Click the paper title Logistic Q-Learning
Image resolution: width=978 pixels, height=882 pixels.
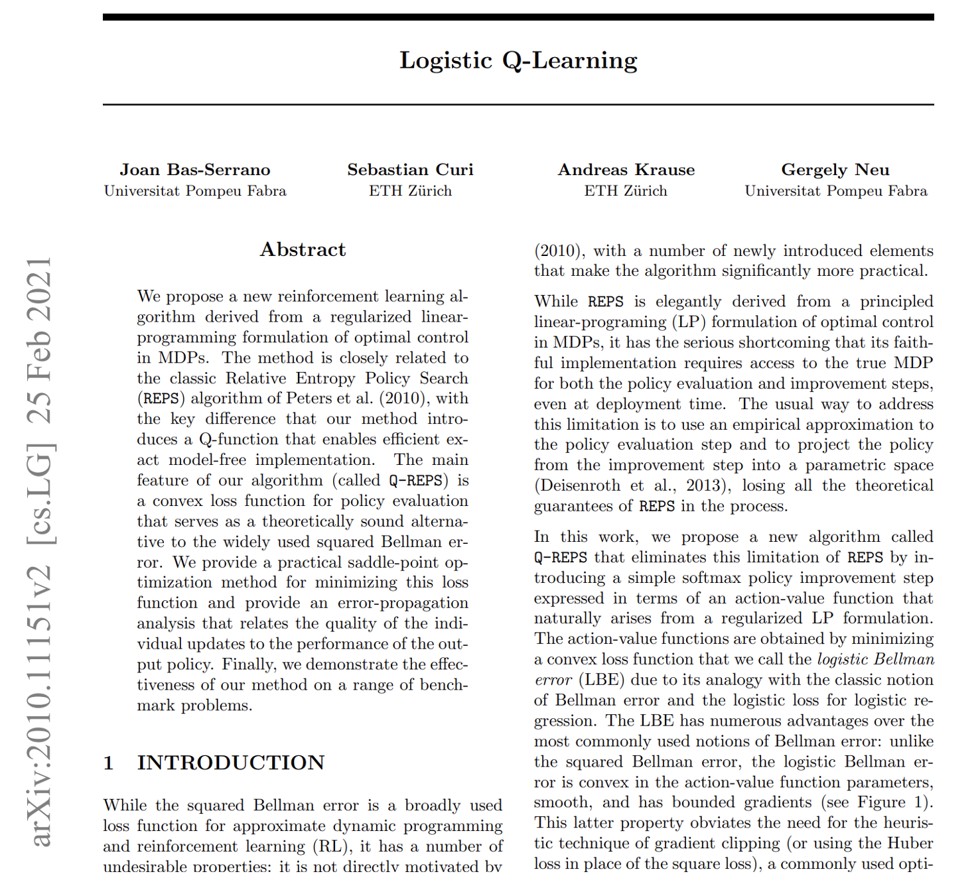tap(518, 60)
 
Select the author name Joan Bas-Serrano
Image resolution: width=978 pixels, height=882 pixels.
tap(195, 170)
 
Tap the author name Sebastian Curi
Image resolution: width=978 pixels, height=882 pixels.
tap(410, 170)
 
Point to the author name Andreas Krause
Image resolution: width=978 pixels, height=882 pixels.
tap(626, 170)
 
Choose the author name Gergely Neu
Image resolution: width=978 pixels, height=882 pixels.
tap(835, 170)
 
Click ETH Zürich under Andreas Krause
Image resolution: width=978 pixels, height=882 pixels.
tap(626, 191)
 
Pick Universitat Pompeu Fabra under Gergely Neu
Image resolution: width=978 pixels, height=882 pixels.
tap(835, 191)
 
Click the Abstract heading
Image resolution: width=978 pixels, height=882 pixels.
tap(303, 249)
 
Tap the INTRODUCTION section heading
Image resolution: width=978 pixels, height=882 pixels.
tap(230, 763)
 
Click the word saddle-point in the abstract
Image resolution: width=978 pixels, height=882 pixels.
tap(395, 562)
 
